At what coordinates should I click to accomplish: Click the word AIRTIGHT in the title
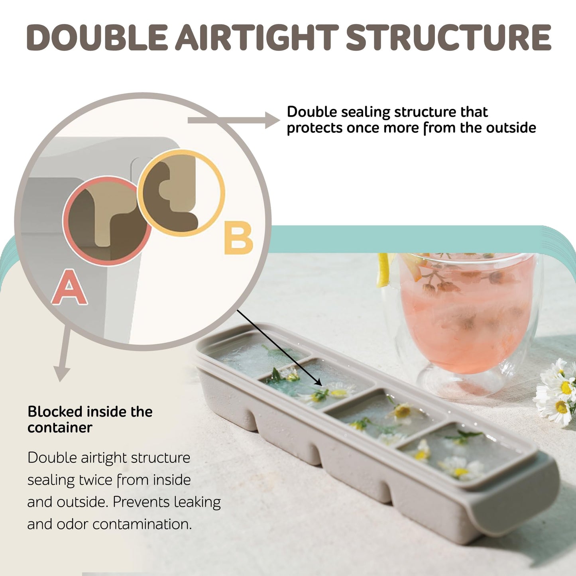click(x=257, y=37)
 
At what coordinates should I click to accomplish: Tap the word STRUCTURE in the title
click(x=449, y=37)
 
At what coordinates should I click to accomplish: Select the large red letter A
click(x=70, y=287)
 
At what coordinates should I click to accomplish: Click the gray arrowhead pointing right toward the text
click(x=272, y=120)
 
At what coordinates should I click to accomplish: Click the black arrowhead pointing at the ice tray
click(x=318, y=383)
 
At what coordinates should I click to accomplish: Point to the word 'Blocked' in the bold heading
click(x=55, y=412)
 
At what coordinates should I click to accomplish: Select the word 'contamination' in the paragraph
click(x=142, y=524)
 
